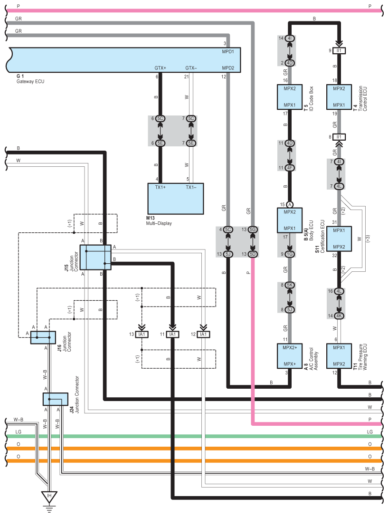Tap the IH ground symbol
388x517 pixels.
click(x=49, y=497)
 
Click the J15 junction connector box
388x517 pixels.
click(x=95, y=257)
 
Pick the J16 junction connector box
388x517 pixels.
click(x=43, y=337)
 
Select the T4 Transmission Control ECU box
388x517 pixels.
click(x=339, y=96)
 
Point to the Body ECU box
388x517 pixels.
click(x=290, y=220)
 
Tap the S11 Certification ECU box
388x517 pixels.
click(x=339, y=239)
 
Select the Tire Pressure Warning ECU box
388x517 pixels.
click(x=339, y=356)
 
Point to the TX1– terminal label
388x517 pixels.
click(x=191, y=187)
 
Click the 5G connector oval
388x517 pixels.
click(x=253, y=230)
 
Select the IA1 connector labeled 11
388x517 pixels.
click(x=172, y=335)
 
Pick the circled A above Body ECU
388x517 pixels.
click(x=290, y=204)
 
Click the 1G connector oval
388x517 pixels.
click(x=290, y=254)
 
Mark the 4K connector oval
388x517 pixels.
click(x=339, y=316)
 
